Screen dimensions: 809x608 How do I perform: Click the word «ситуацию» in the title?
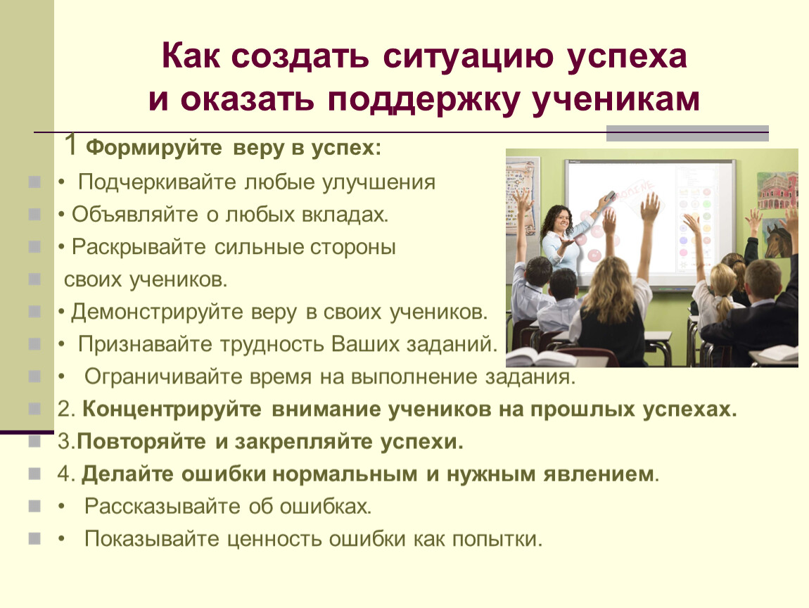(469, 57)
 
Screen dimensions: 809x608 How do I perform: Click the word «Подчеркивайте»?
(158, 183)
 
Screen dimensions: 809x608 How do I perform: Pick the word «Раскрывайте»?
(139, 247)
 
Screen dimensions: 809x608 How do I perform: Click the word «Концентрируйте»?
(172, 410)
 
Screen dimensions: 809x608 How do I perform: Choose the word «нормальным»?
(345, 474)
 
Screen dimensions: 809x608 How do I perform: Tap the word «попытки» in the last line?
(497, 539)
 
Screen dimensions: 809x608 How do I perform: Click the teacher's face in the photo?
(562, 219)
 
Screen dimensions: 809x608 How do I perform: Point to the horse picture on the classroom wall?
(778, 239)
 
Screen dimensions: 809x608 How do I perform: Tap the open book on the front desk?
(531, 357)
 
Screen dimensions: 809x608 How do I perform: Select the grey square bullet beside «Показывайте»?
(34, 539)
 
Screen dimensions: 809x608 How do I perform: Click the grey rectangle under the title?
(687, 133)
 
